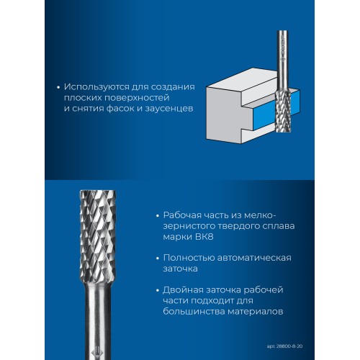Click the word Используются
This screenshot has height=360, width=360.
pos(96,87)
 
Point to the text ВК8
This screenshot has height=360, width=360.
pos(204,237)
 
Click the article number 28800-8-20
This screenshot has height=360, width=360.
pos(289,346)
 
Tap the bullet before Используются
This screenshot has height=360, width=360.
pos(58,88)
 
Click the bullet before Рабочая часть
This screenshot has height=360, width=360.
pos(158,216)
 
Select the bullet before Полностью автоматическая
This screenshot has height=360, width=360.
pos(158,258)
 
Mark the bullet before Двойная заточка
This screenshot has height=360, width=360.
pos(158,291)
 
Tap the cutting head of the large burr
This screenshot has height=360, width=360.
pos(98,235)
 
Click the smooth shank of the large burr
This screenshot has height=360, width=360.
pos(98,319)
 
